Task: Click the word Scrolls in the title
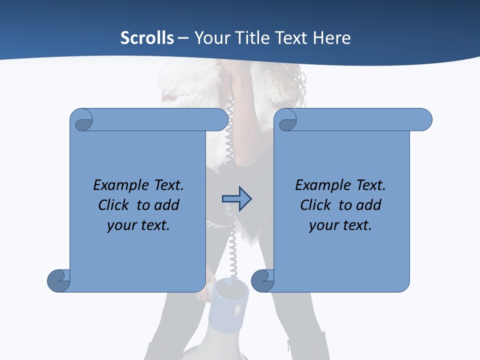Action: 147,38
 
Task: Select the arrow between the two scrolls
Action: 236,199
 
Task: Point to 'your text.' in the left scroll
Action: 138,225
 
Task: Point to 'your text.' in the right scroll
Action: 340,225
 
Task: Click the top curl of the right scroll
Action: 287,120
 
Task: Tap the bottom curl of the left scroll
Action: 58,280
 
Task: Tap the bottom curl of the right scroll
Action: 262,280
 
